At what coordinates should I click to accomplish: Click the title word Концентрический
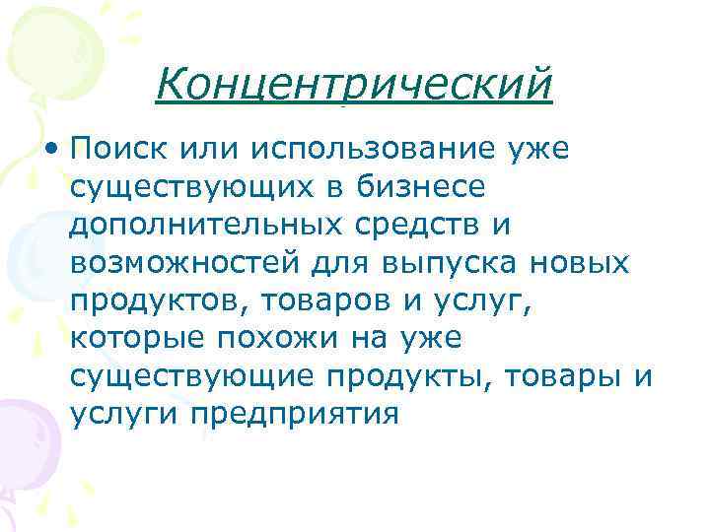pos(354,84)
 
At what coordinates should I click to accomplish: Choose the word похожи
pos(296,339)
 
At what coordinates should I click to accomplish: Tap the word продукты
pos(414,376)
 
